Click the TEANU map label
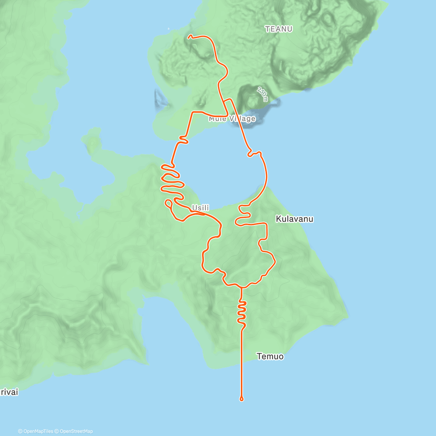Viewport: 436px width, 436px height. tap(279, 29)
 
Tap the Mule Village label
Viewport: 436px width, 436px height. tap(232, 119)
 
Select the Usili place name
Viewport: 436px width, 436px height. tap(201, 207)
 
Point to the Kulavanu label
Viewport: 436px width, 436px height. tap(294, 219)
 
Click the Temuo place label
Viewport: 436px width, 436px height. tap(270, 356)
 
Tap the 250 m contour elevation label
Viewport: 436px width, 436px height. tap(262, 94)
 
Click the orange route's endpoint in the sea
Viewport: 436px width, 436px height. tap(242, 399)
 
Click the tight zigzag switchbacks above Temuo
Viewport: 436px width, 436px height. tap(242, 312)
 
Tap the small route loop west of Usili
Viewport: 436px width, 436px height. tap(169, 203)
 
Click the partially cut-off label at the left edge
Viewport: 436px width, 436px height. tap(9, 392)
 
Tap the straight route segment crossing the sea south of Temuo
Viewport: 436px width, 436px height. tap(242, 363)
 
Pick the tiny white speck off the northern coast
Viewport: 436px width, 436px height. tap(168, 29)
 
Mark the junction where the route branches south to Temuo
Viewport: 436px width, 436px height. tap(241, 287)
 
